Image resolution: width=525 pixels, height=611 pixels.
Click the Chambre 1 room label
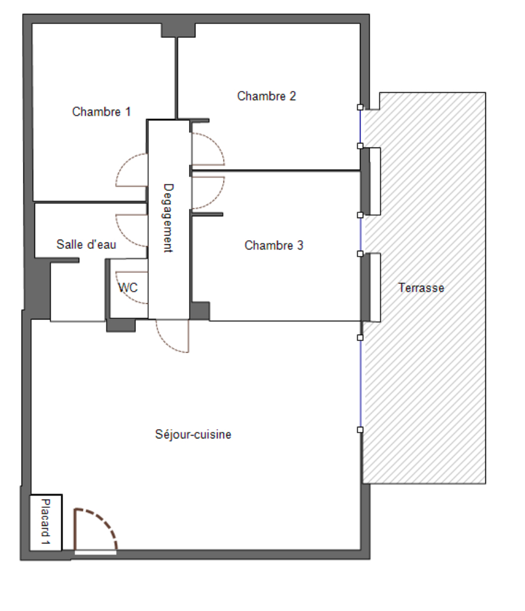point(101,112)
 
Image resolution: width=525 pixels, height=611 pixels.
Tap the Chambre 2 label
point(267,96)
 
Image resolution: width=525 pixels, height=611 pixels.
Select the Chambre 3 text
point(274,245)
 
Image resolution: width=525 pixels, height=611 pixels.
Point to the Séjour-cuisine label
point(193,434)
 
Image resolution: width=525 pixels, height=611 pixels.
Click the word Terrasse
point(421,287)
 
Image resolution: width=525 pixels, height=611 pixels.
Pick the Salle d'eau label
point(86,244)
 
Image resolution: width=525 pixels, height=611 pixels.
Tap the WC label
point(128,287)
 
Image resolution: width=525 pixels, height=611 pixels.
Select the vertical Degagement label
point(167,218)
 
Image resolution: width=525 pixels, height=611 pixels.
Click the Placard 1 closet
point(46,522)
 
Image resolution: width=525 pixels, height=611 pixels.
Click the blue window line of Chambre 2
point(360,127)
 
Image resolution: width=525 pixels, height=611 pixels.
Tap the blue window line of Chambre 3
point(360,234)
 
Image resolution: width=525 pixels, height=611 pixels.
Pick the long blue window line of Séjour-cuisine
point(360,384)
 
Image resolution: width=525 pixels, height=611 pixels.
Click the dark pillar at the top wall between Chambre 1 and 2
point(178,30)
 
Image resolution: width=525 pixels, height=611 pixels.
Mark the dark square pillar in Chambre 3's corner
point(200,311)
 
